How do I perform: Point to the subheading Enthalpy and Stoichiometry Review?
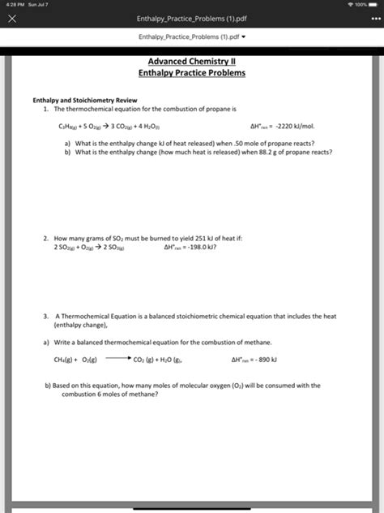click(x=79, y=100)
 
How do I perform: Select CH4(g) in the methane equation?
click(x=65, y=359)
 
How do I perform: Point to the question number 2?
click(x=47, y=239)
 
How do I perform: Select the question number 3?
click(x=47, y=317)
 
